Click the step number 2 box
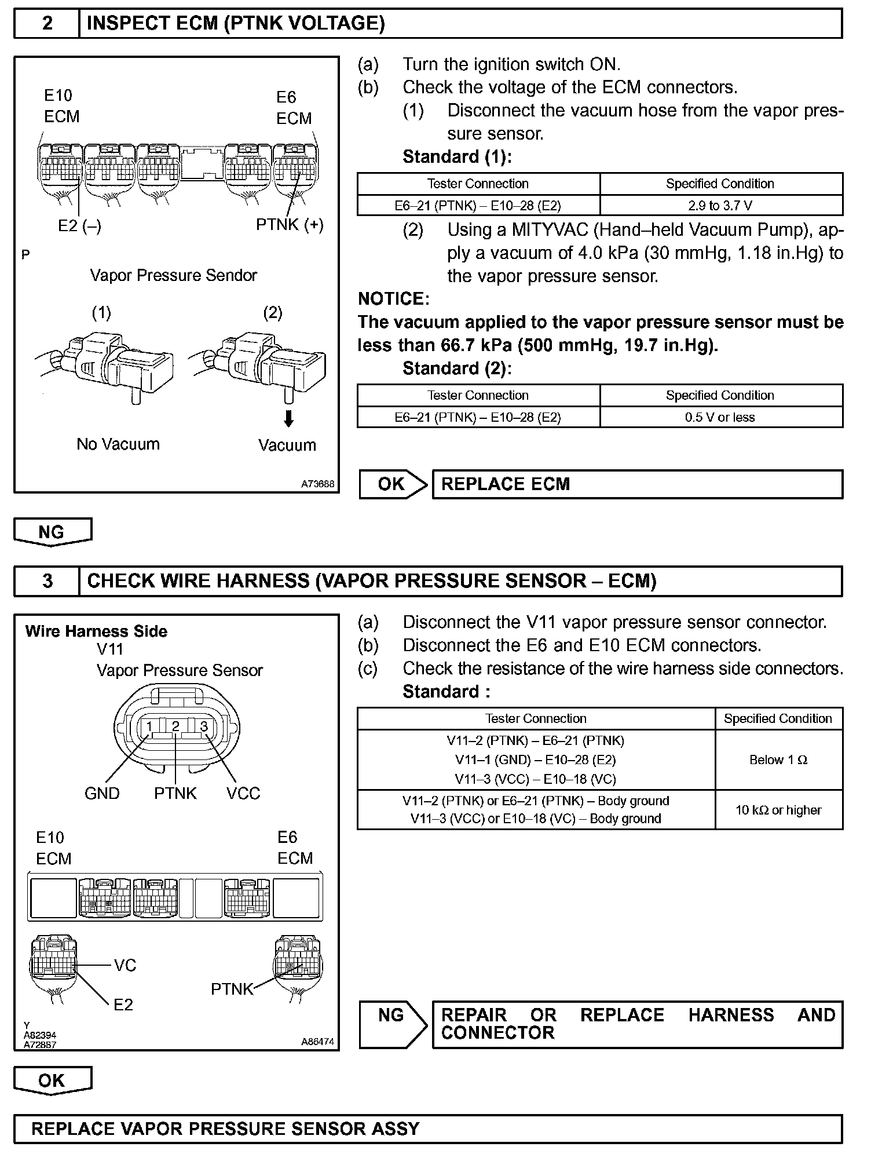[47, 23]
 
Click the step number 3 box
[47, 581]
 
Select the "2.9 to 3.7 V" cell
[720, 206]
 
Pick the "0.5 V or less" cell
[720, 417]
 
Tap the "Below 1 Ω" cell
[778, 760]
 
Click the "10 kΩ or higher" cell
[778, 810]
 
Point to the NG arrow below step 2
[52, 532]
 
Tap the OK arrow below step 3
[52, 1080]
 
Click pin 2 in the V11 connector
[175, 726]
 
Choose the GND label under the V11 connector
[102, 793]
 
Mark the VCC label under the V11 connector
[243, 793]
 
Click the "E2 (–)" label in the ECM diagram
[79, 226]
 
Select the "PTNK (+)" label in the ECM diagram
[290, 225]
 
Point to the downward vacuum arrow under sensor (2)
[288, 418]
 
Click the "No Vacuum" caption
[118, 444]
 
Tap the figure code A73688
[317, 484]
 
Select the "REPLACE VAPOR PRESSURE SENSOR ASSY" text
[225, 1129]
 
